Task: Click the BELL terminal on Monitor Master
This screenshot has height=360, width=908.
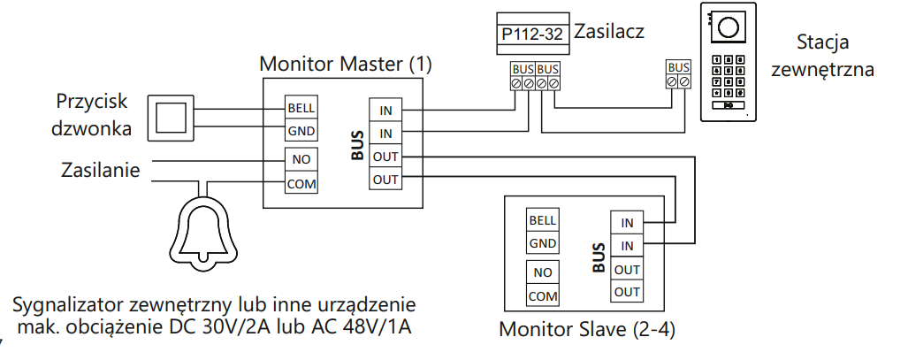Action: (x=301, y=108)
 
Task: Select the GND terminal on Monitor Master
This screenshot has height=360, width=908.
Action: (x=301, y=130)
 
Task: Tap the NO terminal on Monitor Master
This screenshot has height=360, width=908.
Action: (x=301, y=159)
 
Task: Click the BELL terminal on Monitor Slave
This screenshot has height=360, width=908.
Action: (x=543, y=220)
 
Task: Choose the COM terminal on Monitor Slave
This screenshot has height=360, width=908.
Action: (x=543, y=295)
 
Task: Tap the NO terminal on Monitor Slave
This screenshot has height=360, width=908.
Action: (x=543, y=272)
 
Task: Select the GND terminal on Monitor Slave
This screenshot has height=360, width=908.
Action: (x=543, y=243)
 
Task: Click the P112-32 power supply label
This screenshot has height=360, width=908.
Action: (x=532, y=34)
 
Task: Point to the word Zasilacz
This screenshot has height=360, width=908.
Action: (x=608, y=31)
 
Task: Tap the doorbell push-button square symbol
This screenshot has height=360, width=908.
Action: (x=171, y=119)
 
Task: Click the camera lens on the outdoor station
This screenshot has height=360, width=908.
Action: (x=728, y=27)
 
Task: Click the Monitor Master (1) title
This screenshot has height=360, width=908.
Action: (x=346, y=64)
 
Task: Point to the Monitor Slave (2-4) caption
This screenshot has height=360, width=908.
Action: (x=586, y=329)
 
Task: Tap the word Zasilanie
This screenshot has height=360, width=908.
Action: (x=101, y=171)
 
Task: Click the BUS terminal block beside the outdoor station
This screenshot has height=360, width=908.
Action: (x=678, y=75)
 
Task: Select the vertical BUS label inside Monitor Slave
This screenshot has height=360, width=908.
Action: (x=599, y=258)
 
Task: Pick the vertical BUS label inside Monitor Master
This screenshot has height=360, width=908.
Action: (x=358, y=145)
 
